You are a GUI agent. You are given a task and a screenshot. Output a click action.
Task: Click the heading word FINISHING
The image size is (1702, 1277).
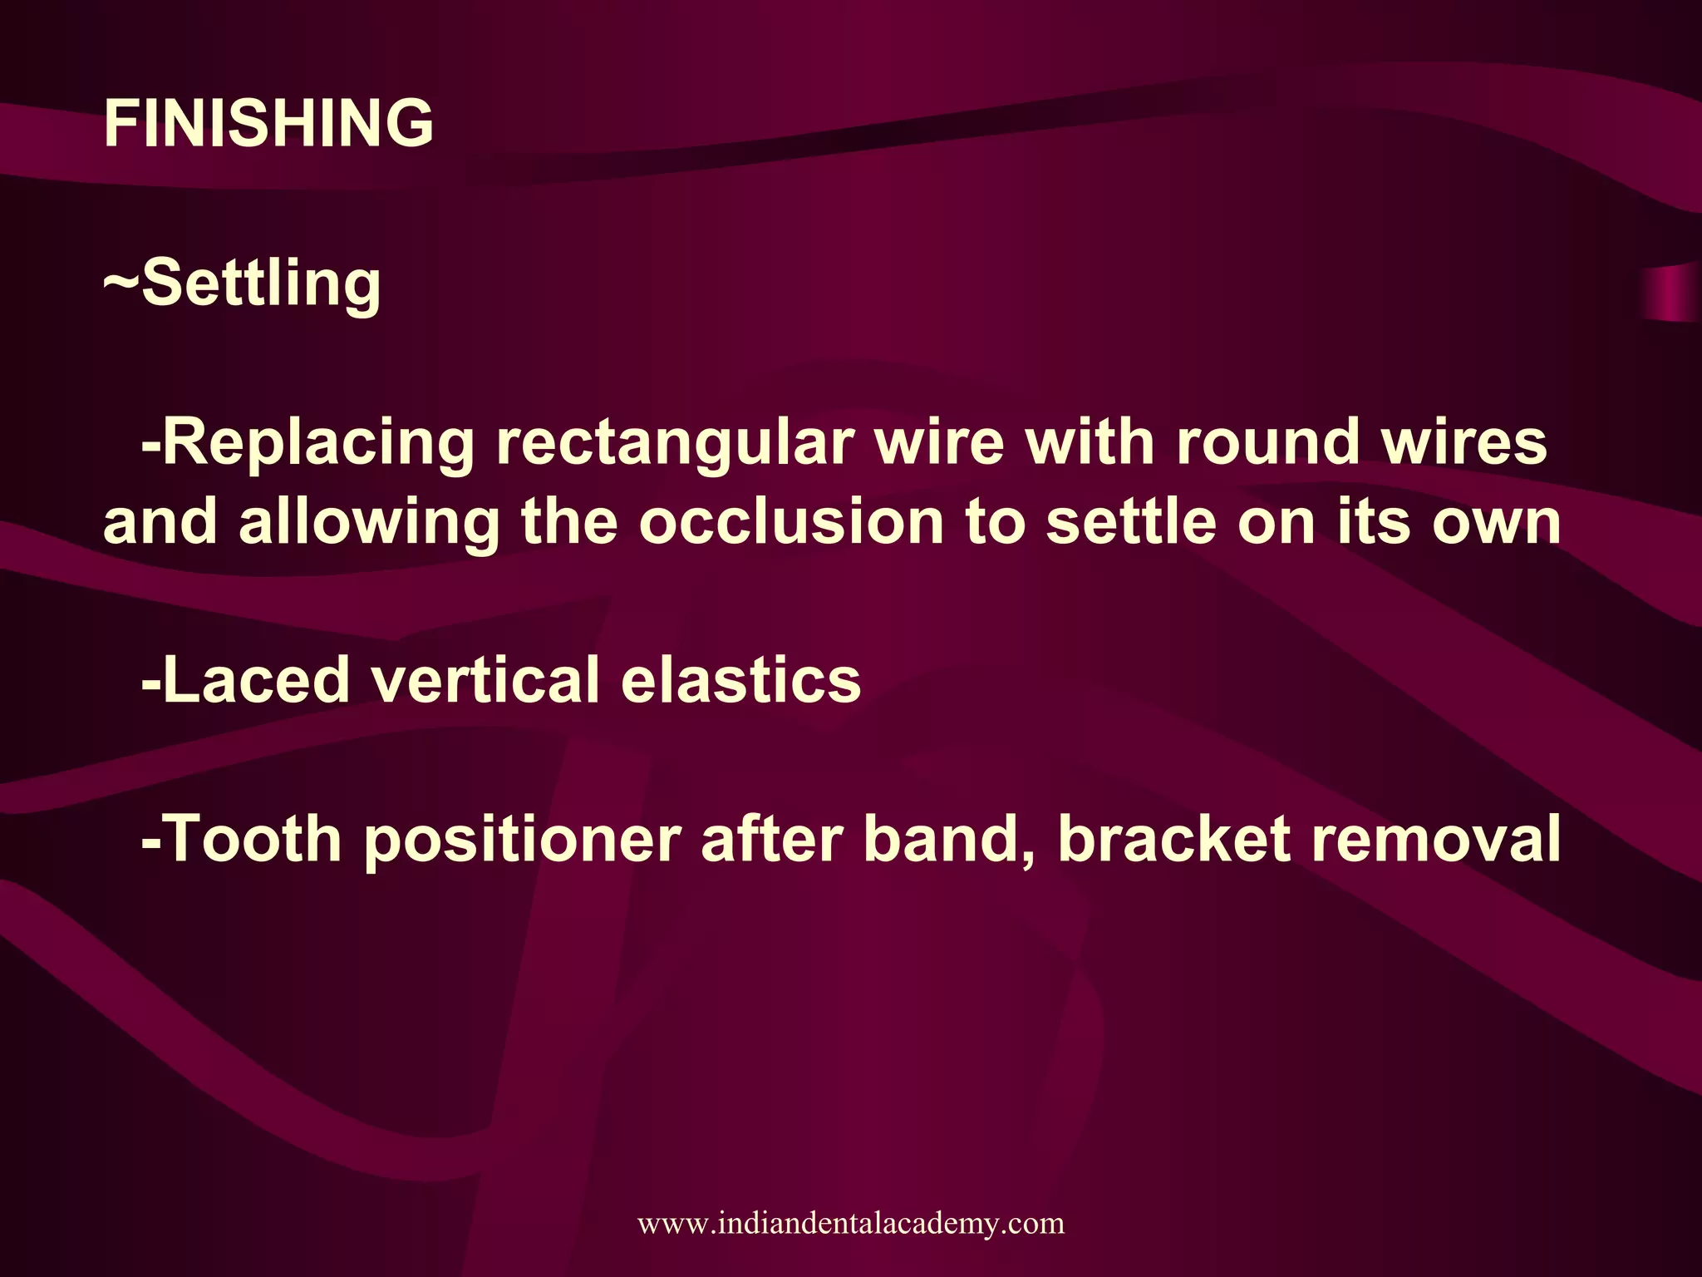click(x=268, y=123)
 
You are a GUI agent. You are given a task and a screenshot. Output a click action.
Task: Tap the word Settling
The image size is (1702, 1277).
click(x=261, y=283)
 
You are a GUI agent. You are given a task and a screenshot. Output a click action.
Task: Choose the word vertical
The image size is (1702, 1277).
click(x=485, y=680)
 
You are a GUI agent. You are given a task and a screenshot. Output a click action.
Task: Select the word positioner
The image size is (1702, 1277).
click(x=523, y=841)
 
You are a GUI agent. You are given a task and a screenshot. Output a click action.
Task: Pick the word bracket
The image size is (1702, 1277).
click(x=1173, y=839)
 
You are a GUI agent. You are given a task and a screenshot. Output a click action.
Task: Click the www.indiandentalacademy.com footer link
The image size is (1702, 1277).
click(x=851, y=1223)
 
